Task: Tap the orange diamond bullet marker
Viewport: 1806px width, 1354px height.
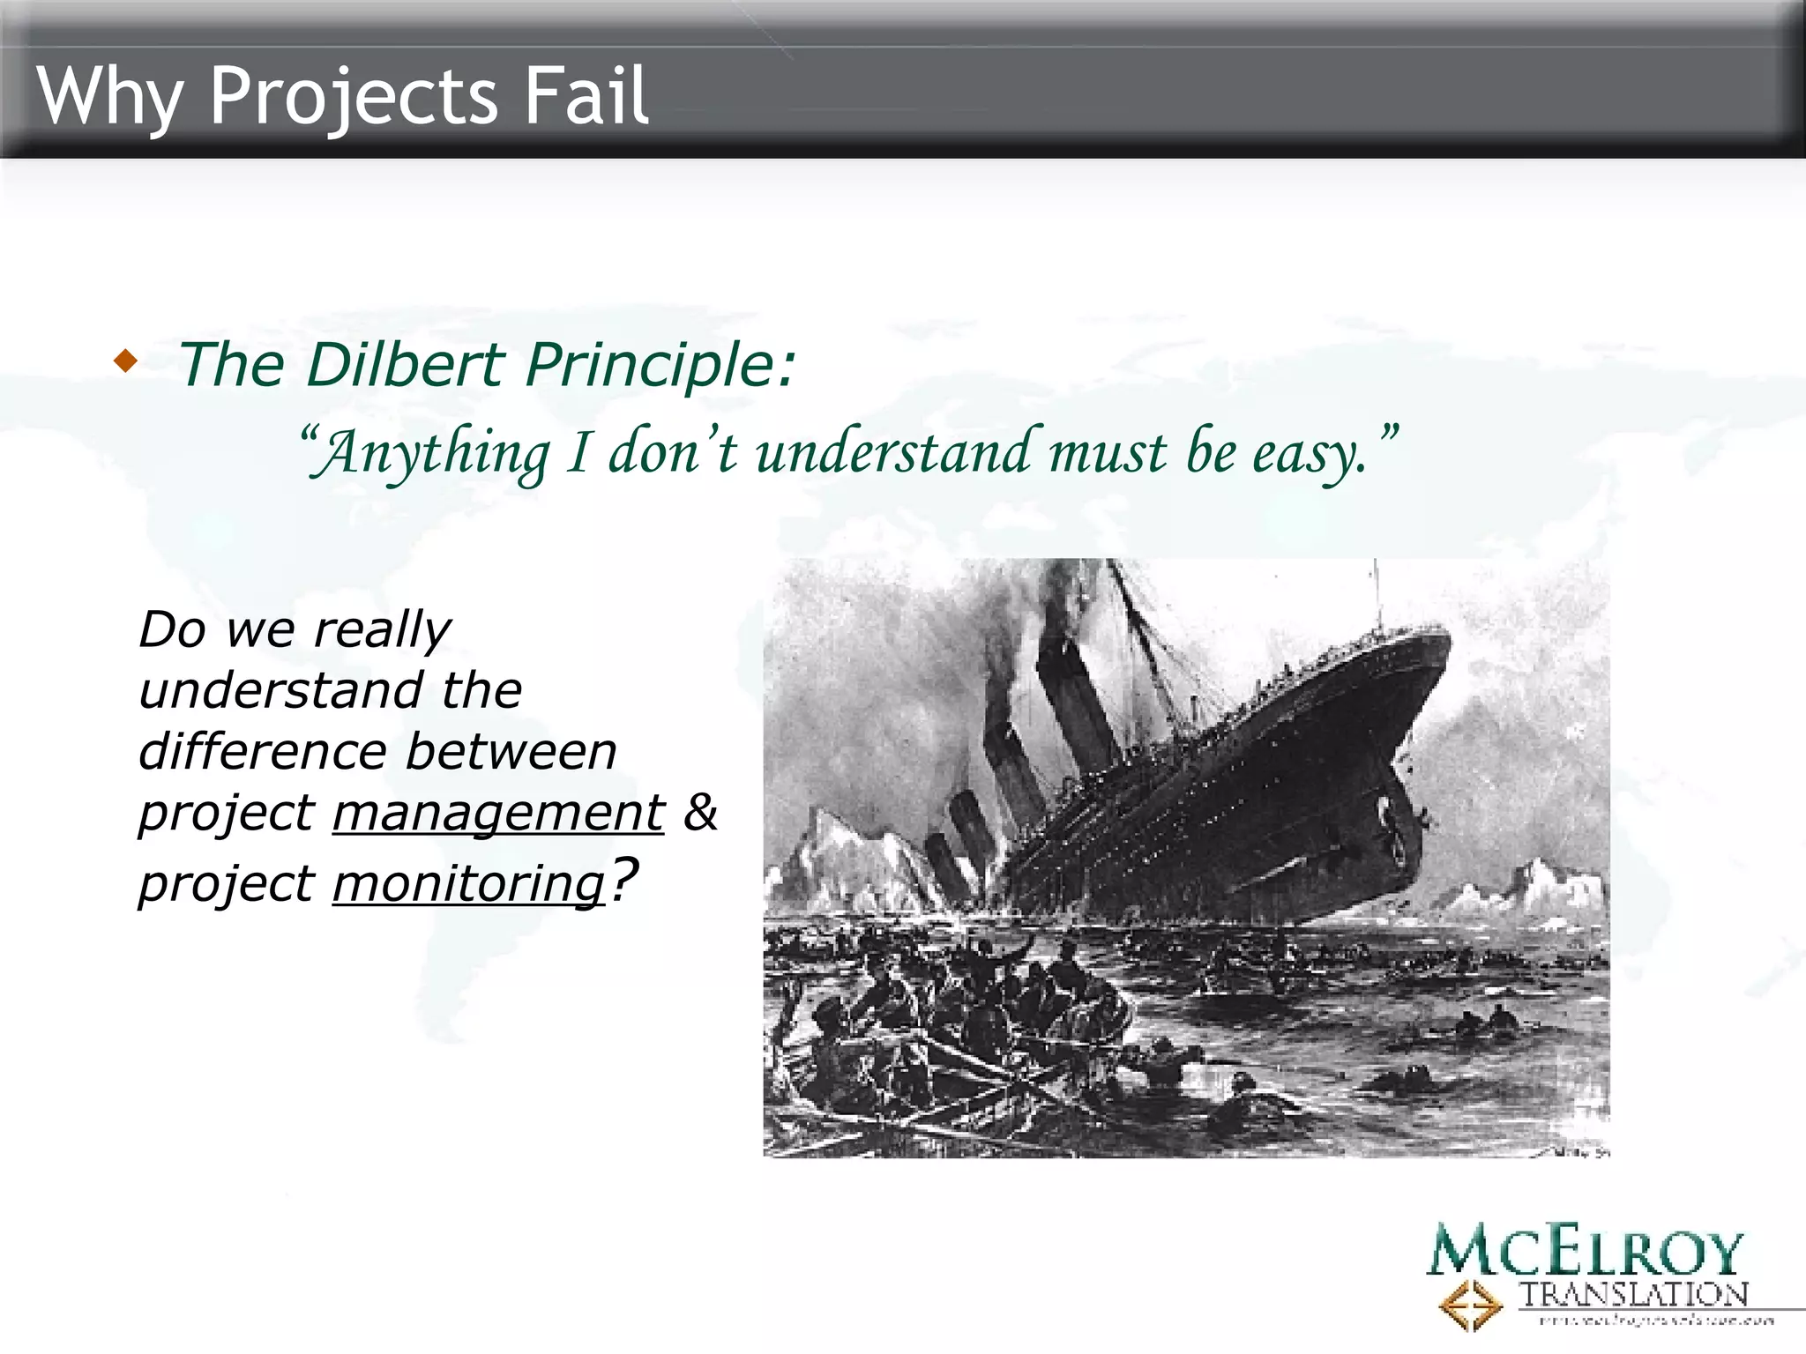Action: (126, 361)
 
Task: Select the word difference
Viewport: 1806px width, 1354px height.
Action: (263, 752)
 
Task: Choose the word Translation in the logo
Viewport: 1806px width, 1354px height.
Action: (1633, 1294)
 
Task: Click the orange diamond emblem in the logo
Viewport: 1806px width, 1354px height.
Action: (1469, 1305)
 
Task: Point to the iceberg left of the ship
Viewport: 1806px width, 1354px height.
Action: (847, 859)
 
